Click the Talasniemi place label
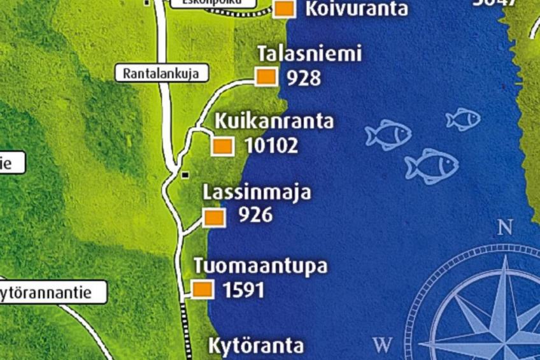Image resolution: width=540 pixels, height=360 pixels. (309, 54)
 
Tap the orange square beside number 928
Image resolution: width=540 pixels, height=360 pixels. (266, 76)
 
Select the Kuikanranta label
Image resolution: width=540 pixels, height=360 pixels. (274, 120)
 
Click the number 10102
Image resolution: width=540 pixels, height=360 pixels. (271, 146)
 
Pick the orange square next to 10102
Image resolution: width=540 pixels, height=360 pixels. (222, 146)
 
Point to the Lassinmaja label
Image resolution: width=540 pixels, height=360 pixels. (257, 192)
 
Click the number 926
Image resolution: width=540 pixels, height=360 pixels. (255, 215)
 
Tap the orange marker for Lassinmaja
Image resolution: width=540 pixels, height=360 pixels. (214, 217)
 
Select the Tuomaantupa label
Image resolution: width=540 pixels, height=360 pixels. (260, 266)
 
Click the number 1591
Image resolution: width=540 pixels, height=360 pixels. (243, 290)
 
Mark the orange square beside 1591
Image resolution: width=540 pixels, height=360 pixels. (202, 289)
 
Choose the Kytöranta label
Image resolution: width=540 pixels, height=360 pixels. (256, 346)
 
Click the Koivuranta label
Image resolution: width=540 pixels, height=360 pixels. (357, 9)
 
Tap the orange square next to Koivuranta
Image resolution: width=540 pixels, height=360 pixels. (284, 9)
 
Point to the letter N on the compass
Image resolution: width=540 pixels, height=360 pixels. (505, 227)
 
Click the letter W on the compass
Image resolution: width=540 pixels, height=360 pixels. (382, 345)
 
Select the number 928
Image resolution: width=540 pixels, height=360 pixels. (303, 78)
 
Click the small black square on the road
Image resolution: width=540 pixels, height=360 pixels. (185, 175)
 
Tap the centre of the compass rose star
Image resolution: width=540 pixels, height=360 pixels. (506, 335)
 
